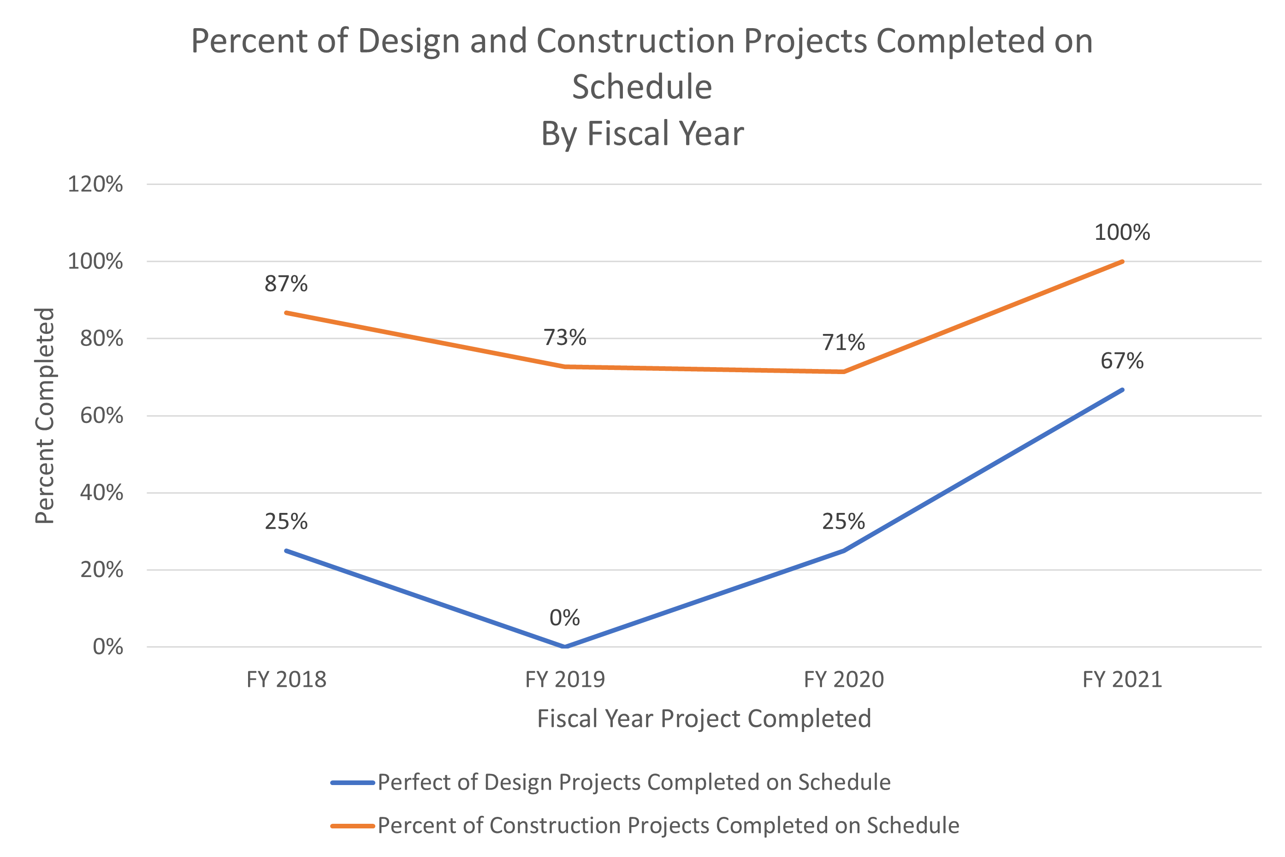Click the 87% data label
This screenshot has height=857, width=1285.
(286, 284)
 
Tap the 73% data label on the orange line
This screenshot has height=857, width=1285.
(564, 338)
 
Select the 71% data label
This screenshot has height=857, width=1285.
(844, 343)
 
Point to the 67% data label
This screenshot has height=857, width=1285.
(1122, 361)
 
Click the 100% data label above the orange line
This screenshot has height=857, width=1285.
(1122, 232)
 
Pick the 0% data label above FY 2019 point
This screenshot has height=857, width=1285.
(564, 618)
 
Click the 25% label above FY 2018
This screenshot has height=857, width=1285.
(286, 521)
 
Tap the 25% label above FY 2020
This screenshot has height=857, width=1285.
(844, 521)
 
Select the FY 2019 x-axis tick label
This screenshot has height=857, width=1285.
(564, 679)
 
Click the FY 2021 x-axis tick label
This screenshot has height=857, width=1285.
(1122, 679)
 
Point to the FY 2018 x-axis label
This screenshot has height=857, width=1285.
(286, 679)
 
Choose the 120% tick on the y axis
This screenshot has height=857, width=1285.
(95, 184)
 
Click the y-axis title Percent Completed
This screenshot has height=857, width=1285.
(45, 416)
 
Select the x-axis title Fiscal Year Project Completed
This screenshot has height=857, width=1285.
(704, 719)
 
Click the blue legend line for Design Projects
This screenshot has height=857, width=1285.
(352, 783)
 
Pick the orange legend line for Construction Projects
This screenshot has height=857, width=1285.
(352, 826)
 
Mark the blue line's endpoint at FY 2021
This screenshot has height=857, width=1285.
(1122, 390)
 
